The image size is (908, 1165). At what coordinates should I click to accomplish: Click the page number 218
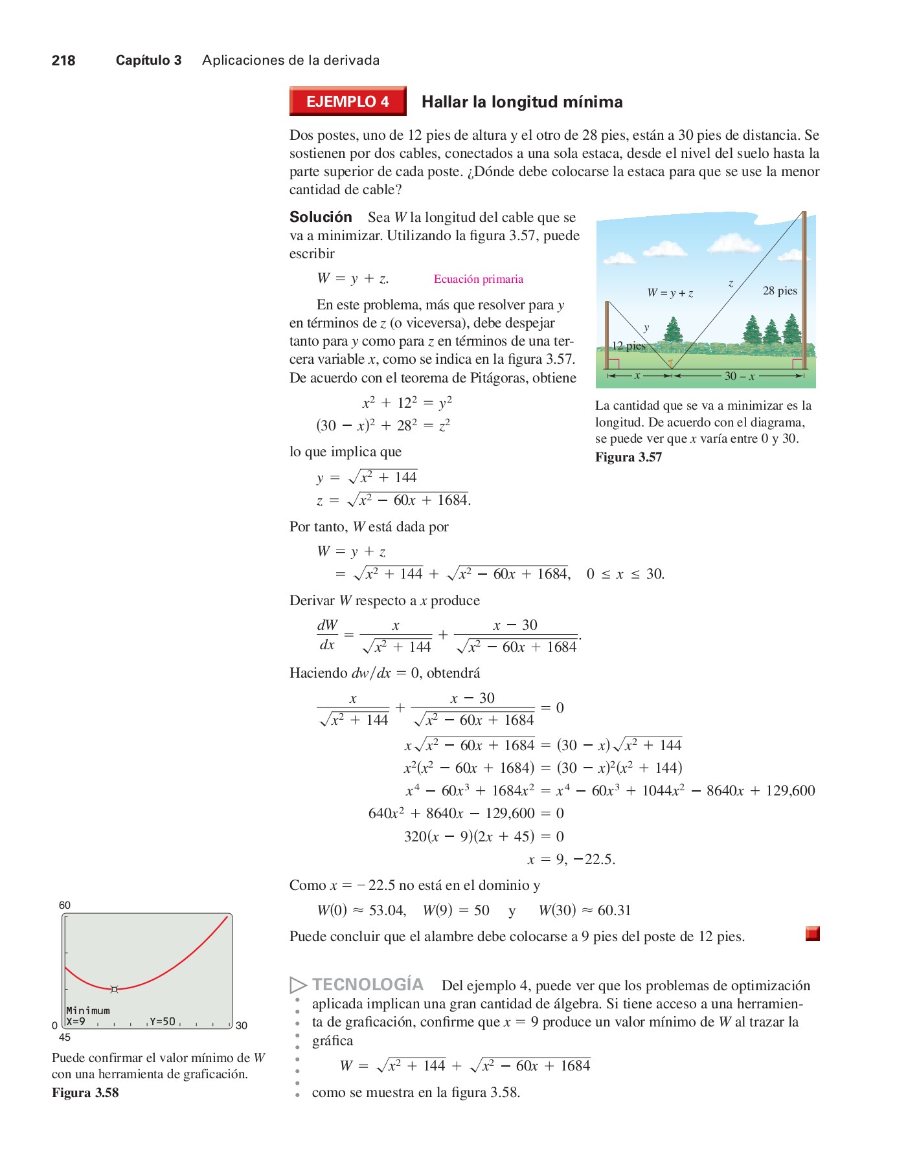click(x=63, y=61)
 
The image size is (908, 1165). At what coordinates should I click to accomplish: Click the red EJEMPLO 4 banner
click(x=348, y=102)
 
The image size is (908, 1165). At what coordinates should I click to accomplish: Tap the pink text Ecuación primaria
click(x=478, y=279)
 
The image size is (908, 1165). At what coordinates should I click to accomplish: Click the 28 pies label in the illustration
click(x=780, y=291)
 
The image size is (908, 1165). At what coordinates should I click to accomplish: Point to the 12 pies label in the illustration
click(x=628, y=346)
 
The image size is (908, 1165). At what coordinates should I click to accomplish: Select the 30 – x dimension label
click(x=739, y=376)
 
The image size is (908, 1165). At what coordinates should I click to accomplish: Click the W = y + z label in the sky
click(x=670, y=293)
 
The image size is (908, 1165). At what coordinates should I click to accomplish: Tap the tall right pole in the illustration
click(x=804, y=285)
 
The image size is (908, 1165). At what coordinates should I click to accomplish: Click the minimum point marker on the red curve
click(x=115, y=989)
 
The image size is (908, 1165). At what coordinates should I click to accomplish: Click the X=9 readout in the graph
click(x=76, y=1021)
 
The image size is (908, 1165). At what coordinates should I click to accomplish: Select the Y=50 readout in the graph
click(x=163, y=1021)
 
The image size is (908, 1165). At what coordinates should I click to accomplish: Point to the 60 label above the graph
click(x=65, y=905)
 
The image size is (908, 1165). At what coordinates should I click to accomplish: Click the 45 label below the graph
click(x=65, y=1037)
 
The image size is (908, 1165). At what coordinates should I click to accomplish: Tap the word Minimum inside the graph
click(x=88, y=1010)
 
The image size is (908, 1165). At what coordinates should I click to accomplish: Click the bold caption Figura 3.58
click(x=85, y=1093)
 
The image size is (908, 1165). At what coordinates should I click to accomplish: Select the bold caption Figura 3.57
click(x=628, y=457)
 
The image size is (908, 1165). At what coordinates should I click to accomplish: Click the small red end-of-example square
click(x=813, y=933)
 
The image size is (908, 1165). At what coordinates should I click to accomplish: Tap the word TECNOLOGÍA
click(x=367, y=984)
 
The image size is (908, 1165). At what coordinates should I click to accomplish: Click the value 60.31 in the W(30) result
click(x=614, y=911)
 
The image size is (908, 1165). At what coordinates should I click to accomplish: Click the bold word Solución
click(x=321, y=217)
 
